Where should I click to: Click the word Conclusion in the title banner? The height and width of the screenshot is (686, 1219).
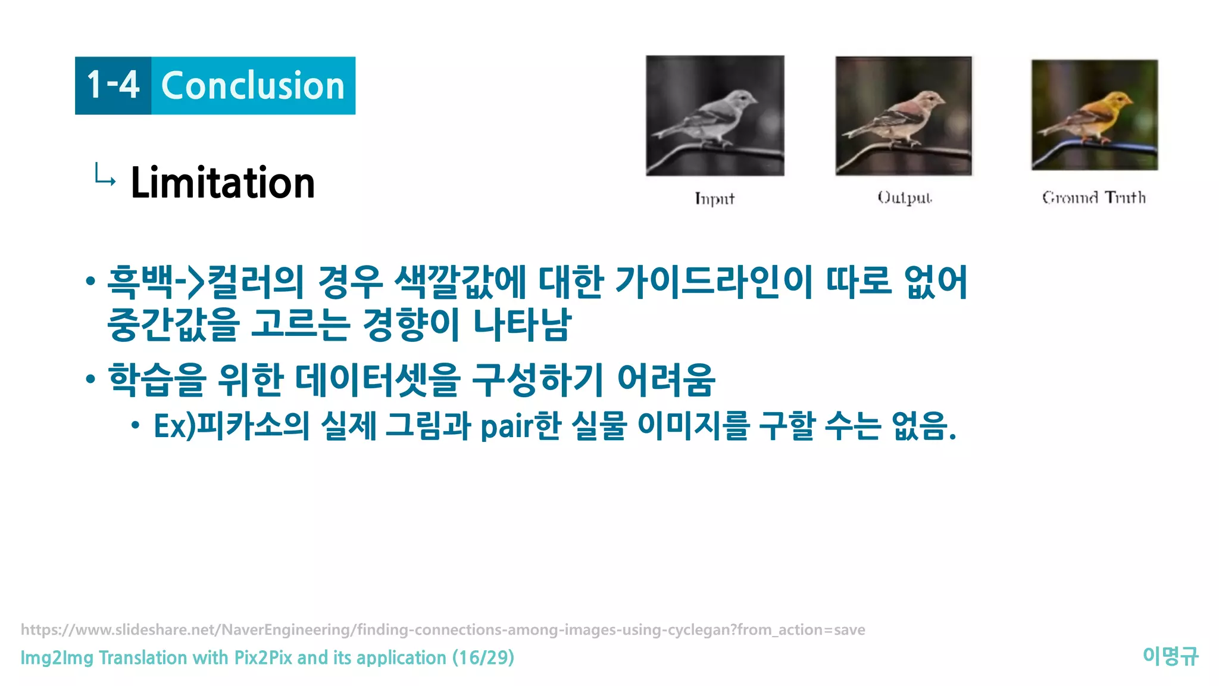tap(253, 86)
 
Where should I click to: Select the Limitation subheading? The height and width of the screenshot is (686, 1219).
tap(223, 183)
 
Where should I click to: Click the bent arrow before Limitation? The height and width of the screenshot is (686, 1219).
tap(105, 176)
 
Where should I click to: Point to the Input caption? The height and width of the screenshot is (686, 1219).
tap(714, 198)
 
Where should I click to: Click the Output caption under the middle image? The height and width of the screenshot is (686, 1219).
tap(904, 198)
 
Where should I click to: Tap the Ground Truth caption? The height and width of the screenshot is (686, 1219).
tap(1093, 197)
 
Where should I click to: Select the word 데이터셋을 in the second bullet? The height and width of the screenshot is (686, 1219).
tap(378, 380)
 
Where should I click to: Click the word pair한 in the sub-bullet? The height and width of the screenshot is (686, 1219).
tap(520, 426)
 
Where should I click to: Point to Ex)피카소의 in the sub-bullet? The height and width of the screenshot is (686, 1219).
tap(232, 426)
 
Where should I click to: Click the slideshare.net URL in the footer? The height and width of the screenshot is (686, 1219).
tap(443, 629)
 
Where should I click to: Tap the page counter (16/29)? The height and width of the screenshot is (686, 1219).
tap(483, 657)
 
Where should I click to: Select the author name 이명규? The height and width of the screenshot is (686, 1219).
tap(1170, 656)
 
